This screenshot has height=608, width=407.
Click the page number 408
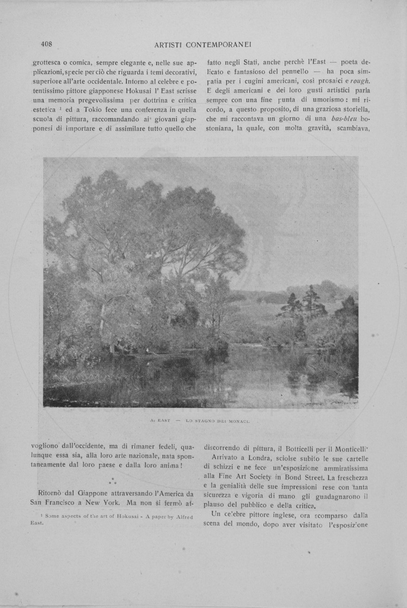[x=47, y=44]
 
